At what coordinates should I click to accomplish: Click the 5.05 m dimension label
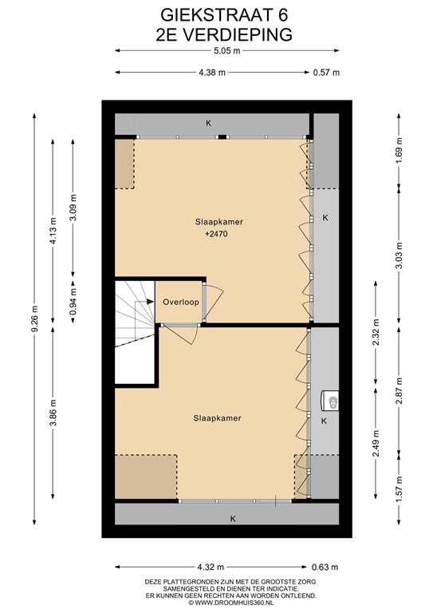click(226, 51)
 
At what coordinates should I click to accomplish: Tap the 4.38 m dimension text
click(212, 73)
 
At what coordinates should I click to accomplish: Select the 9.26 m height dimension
click(34, 319)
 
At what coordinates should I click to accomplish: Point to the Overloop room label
click(181, 302)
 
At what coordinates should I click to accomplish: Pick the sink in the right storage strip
click(329, 401)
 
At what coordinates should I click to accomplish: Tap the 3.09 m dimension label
click(73, 208)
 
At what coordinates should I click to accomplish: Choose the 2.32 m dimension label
click(376, 332)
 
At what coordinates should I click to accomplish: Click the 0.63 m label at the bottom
click(325, 567)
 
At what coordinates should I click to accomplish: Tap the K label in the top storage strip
click(208, 124)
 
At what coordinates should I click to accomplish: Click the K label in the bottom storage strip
click(233, 519)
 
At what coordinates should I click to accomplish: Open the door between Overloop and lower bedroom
click(180, 333)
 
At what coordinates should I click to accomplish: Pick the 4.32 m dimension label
click(211, 567)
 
